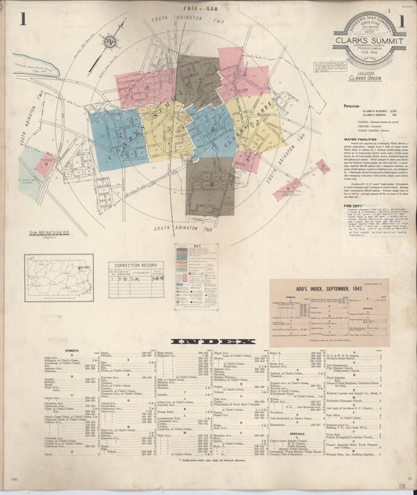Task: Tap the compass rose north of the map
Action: pos(113,40)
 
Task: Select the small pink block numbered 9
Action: pos(48,164)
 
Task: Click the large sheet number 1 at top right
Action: pos(401,19)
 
